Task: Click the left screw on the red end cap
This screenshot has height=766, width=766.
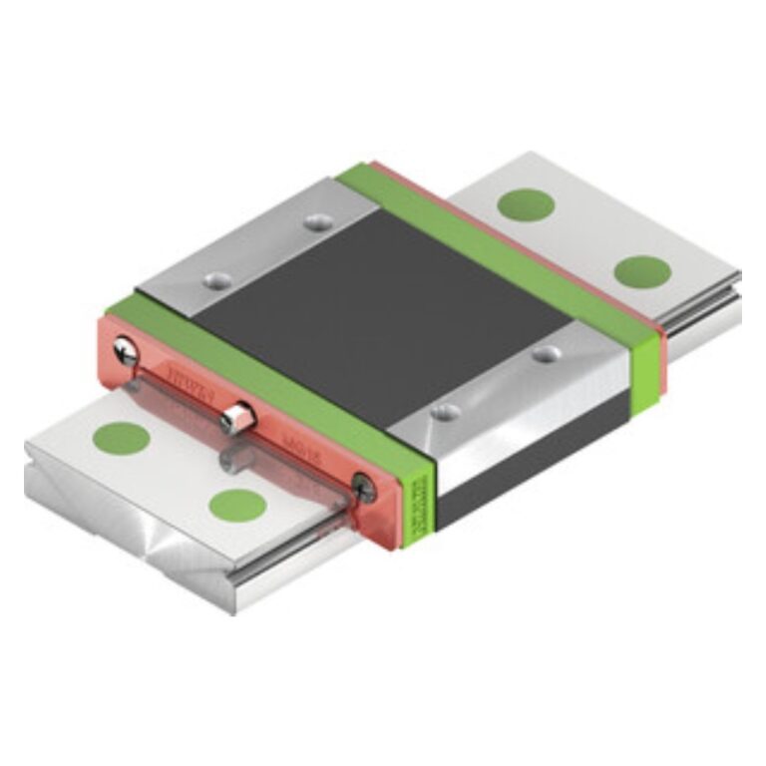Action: (x=126, y=349)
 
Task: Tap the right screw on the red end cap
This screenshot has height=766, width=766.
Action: (x=364, y=487)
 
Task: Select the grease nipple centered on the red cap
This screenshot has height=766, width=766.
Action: (x=235, y=417)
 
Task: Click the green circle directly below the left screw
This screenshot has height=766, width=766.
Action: (x=121, y=437)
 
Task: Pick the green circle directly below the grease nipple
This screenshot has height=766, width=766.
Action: (x=237, y=505)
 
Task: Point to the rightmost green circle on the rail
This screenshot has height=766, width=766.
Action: (x=641, y=270)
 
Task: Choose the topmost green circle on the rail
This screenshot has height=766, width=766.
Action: (x=526, y=204)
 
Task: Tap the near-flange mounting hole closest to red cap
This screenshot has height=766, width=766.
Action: (x=445, y=410)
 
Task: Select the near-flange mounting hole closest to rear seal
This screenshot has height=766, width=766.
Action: (x=544, y=353)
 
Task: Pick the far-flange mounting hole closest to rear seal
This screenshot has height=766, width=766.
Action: (x=317, y=221)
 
